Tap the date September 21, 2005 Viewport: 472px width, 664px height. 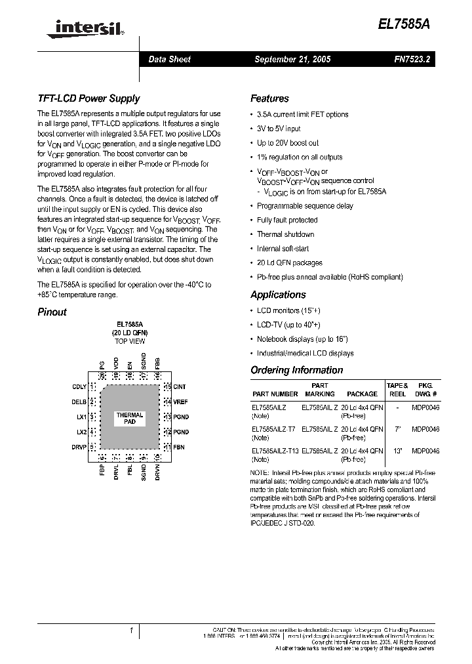pyautogui.click(x=292, y=59)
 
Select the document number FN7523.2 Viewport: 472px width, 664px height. pyautogui.click(x=412, y=59)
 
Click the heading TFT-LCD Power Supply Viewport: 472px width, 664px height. pyautogui.click(x=88, y=98)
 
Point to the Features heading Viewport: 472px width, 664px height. pyautogui.click(x=269, y=98)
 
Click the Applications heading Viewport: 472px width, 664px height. pyautogui.click(x=278, y=295)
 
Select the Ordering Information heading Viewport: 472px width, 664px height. pyautogui.click(x=296, y=370)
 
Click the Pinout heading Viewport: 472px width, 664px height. pyautogui.click(x=52, y=312)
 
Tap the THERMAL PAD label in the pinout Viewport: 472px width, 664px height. pyautogui.click(x=130, y=419)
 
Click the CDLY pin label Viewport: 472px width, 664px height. pyautogui.click(x=79, y=386)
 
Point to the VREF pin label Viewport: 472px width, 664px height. pyautogui.click(x=181, y=402)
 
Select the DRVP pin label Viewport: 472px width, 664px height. pyautogui.click(x=79, y=447)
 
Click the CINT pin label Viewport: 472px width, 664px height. pyautogui.click(x=180, y=386)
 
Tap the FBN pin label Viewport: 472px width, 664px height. pyautogui.click(x=179, y=447)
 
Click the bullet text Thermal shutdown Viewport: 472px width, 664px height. pyautogui.click(x=285, y=234)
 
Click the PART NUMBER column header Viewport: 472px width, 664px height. pyautogui.click(x=275, y=394)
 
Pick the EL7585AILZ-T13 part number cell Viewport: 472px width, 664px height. pyautogui.click(x=275, y=451)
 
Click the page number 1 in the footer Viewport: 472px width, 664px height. pyautogui.click(x=132, y=631)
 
